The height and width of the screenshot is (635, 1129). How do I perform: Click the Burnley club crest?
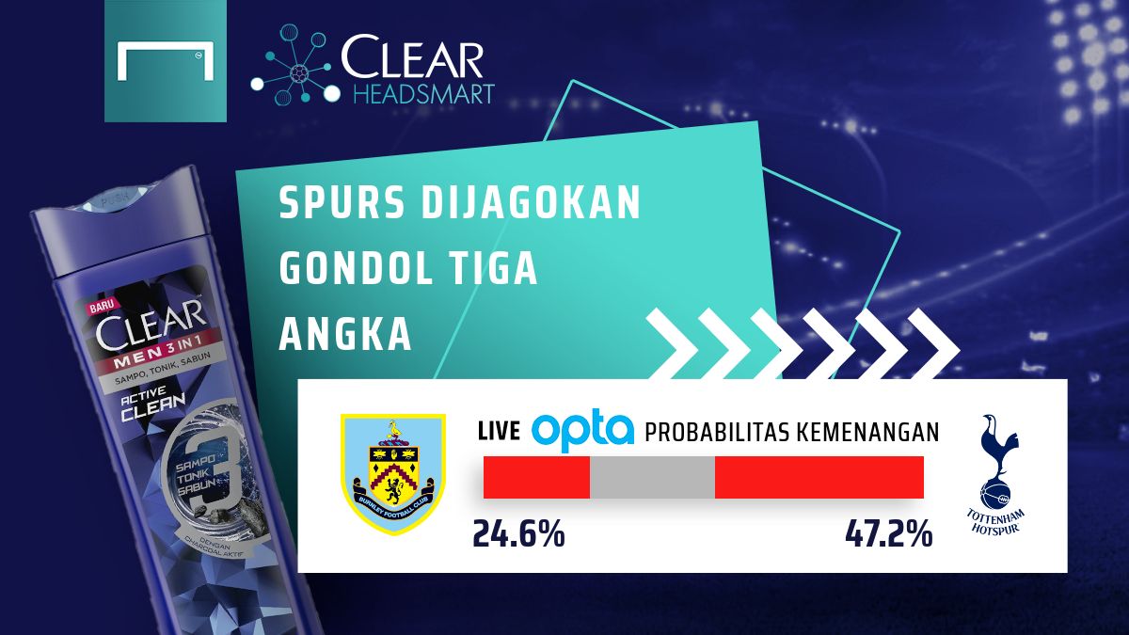pos(392,474)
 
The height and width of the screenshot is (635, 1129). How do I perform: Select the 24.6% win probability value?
pos(518,534)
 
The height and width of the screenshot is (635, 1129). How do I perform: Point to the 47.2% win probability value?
pos(888,534)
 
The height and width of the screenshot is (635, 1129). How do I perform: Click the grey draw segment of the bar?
pos(652,477)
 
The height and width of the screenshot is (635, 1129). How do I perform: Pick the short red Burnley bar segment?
pos(536,477)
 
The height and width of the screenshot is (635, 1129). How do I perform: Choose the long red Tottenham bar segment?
pos(819,477)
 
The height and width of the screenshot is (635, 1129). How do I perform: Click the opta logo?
pos(582,431)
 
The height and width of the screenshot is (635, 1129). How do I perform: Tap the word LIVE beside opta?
pos(499,432)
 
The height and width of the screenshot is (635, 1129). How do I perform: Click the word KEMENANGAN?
pos(875,432)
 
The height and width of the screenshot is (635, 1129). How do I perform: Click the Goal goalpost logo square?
pos(166,62)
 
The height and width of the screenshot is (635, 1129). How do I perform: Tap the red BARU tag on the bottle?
pos(101,307)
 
